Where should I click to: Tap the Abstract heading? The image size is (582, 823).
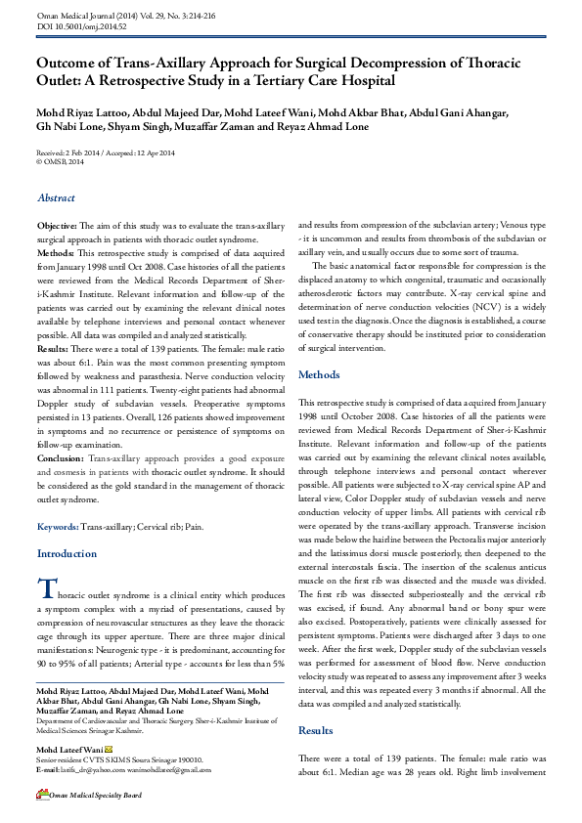tap(56, 198)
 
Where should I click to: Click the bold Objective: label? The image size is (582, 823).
tap(57, 225)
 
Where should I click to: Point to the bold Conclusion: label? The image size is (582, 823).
tap(60, 457)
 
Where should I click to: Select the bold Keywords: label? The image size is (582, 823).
tap(58, 526)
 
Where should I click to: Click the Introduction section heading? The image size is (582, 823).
tap(67, 553)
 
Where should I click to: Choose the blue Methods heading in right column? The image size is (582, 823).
tap(319, 374)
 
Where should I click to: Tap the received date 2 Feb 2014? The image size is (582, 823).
tap(83, 153)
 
